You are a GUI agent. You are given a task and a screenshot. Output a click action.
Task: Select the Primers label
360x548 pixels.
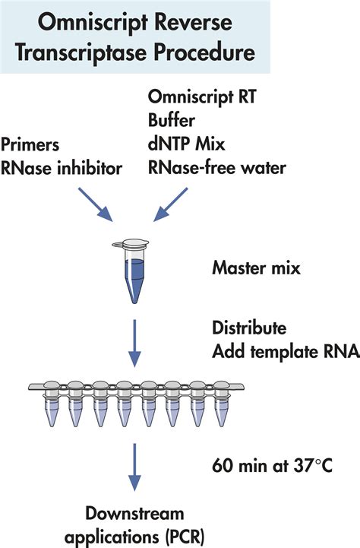(x=30, y=145)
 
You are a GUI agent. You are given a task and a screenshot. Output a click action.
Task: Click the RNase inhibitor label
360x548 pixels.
(x=62, y=168)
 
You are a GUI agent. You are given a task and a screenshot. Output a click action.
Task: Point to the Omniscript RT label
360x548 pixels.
(x=202, y=97)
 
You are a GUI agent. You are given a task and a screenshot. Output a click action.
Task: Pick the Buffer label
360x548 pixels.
(x=172, y=120)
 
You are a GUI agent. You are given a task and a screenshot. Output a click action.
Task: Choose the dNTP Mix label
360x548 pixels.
(x=187, y=144)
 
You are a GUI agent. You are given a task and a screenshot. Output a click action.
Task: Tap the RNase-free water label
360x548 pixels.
(x=217, y=168)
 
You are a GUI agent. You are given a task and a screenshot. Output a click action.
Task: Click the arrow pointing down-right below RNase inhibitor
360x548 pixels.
(x=96, y=204)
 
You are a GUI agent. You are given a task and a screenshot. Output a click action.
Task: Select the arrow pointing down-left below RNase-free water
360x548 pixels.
(x=171, y=204)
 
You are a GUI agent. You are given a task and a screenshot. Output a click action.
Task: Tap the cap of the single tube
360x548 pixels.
(x=131, y=243)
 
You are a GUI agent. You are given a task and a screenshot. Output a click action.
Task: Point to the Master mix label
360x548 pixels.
(x=256, y=268)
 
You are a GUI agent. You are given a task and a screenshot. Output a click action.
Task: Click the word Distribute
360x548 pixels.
(x=249, y=328)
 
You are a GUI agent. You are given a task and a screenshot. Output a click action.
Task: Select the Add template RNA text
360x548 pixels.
(x=286, y=352)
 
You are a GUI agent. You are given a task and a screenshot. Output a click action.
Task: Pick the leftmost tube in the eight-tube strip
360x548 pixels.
(x=52, y=404)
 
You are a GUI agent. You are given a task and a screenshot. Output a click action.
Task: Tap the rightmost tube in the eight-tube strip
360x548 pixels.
(x=221, y=404)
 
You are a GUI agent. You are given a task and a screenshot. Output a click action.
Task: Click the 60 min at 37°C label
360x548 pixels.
(x=273, y=466)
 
